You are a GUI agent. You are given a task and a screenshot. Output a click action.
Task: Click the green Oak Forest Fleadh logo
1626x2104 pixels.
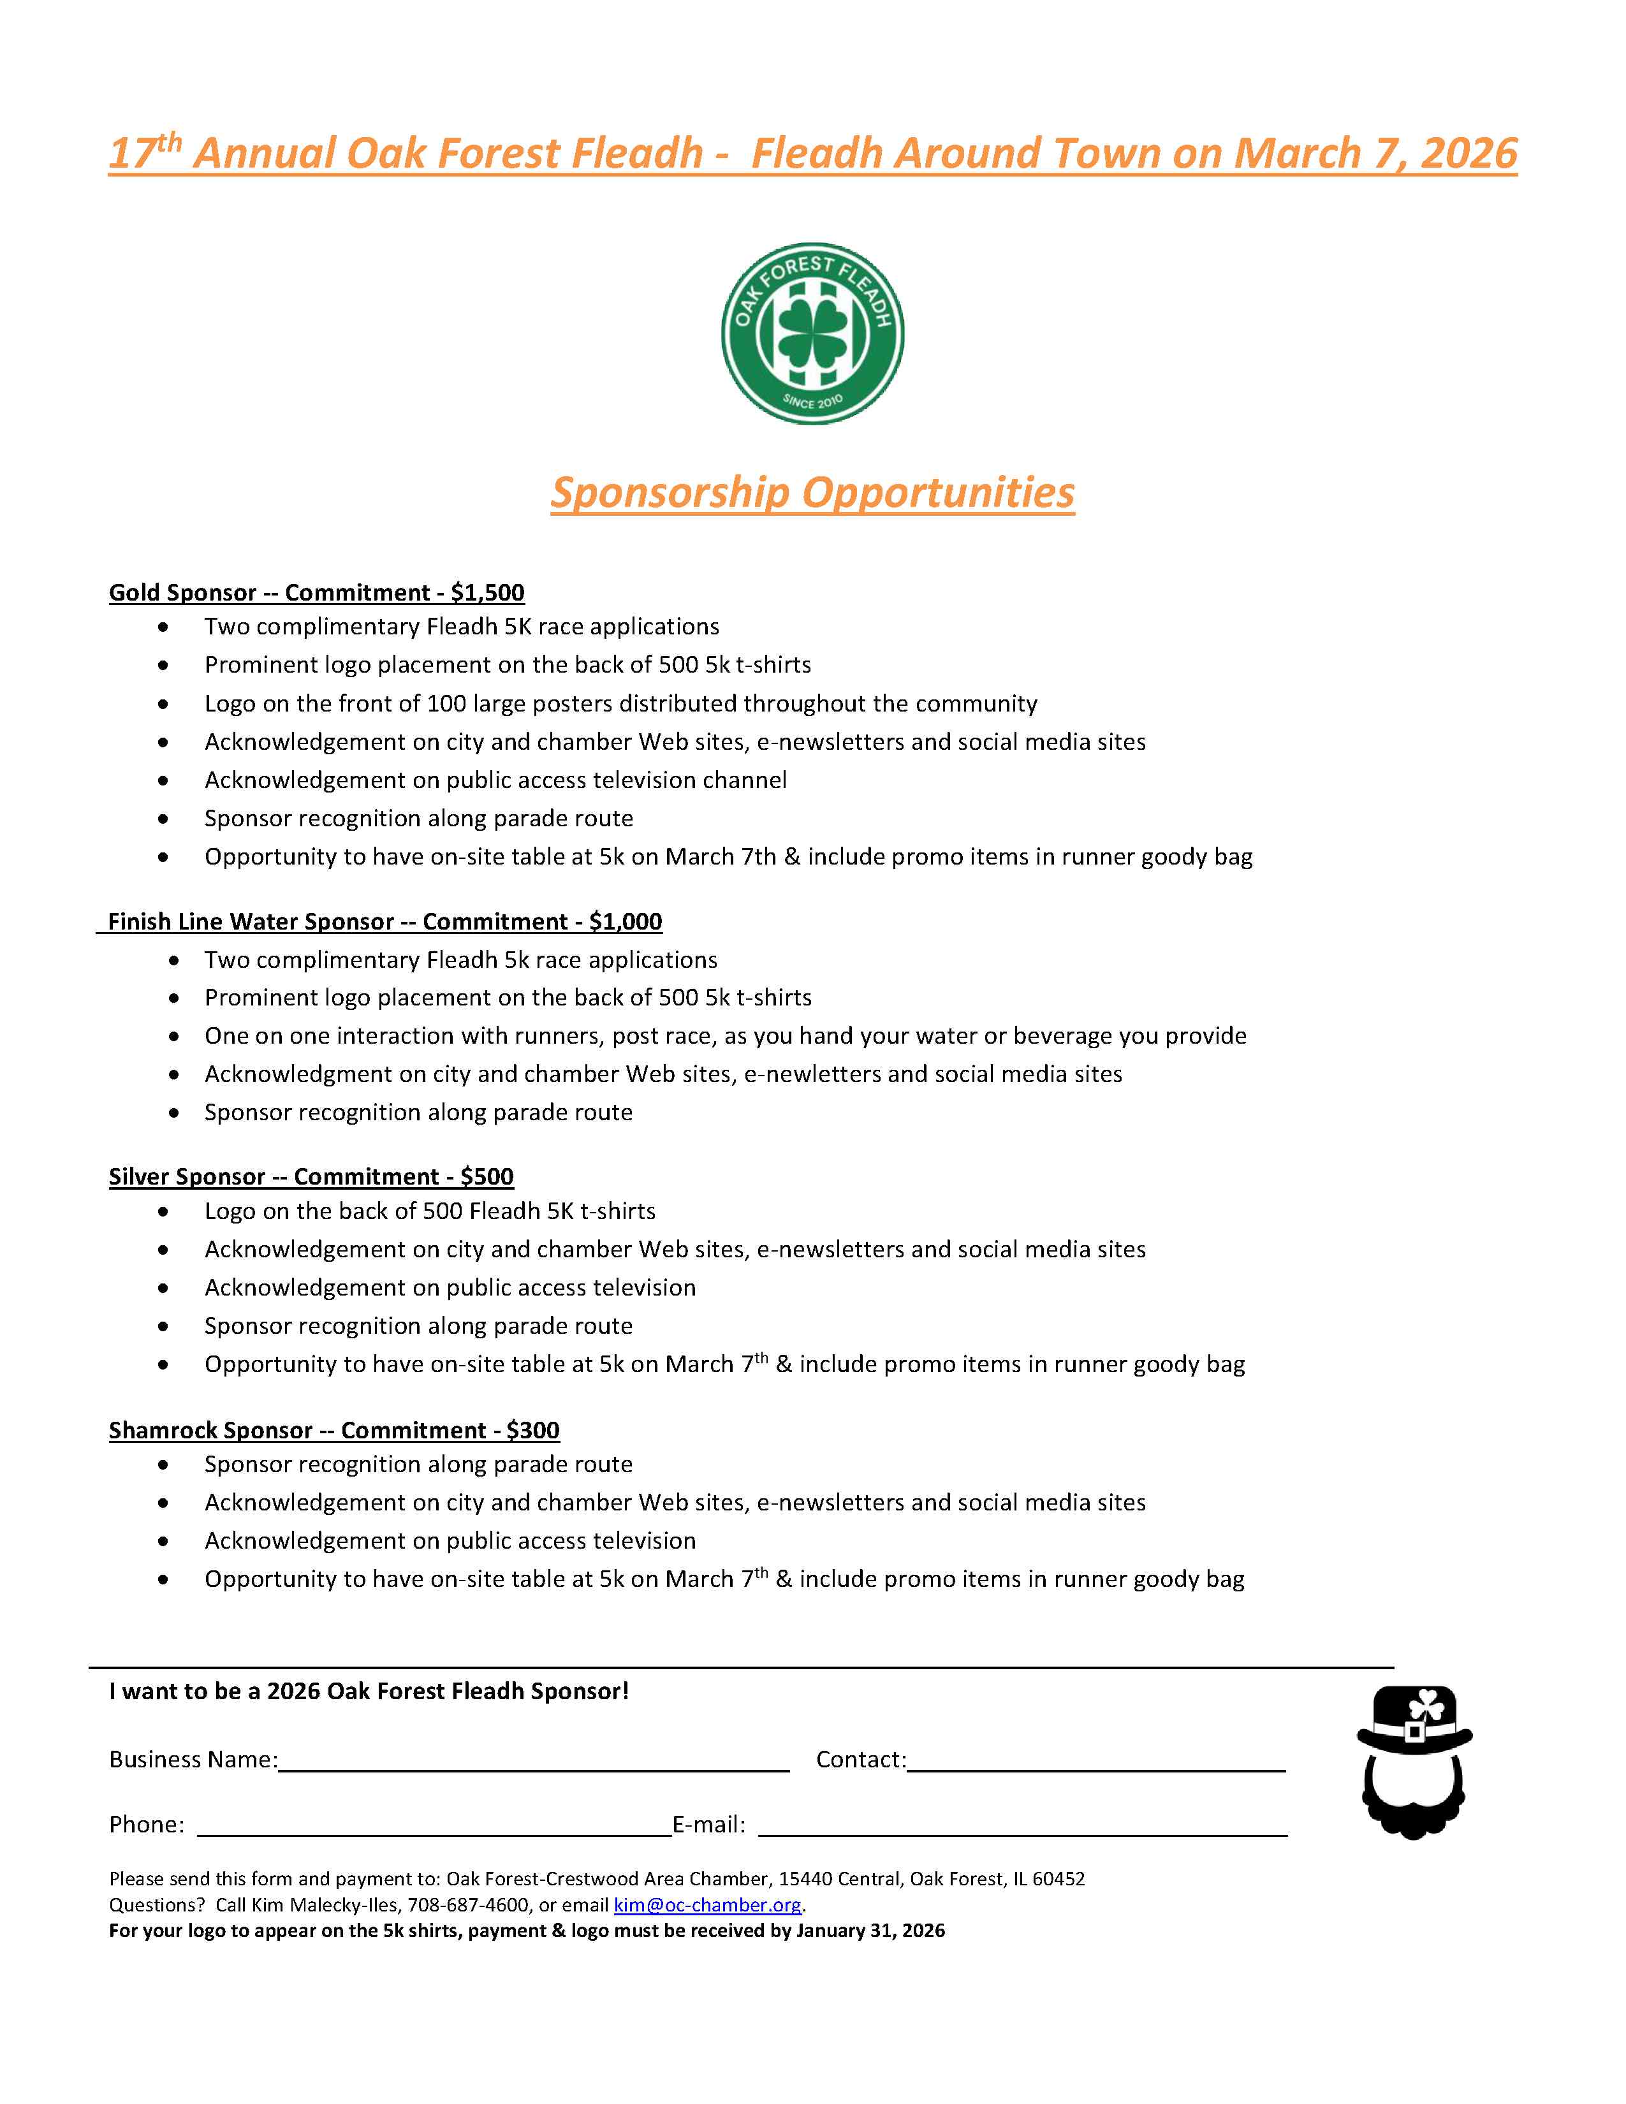point(812,333)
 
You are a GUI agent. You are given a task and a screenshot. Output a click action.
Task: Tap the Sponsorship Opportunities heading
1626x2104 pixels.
point(812,492)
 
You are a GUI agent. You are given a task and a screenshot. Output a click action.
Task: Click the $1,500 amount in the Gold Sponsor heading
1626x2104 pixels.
point(487,592)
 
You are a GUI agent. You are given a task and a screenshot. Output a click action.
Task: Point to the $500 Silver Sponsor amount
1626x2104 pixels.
point(487,1176)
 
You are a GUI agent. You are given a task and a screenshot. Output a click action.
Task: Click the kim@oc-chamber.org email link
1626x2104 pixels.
point(707,1904)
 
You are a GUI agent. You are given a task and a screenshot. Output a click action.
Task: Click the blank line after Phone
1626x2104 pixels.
point(434,1827)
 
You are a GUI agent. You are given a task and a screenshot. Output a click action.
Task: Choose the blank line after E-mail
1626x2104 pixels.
point(1022,1827)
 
